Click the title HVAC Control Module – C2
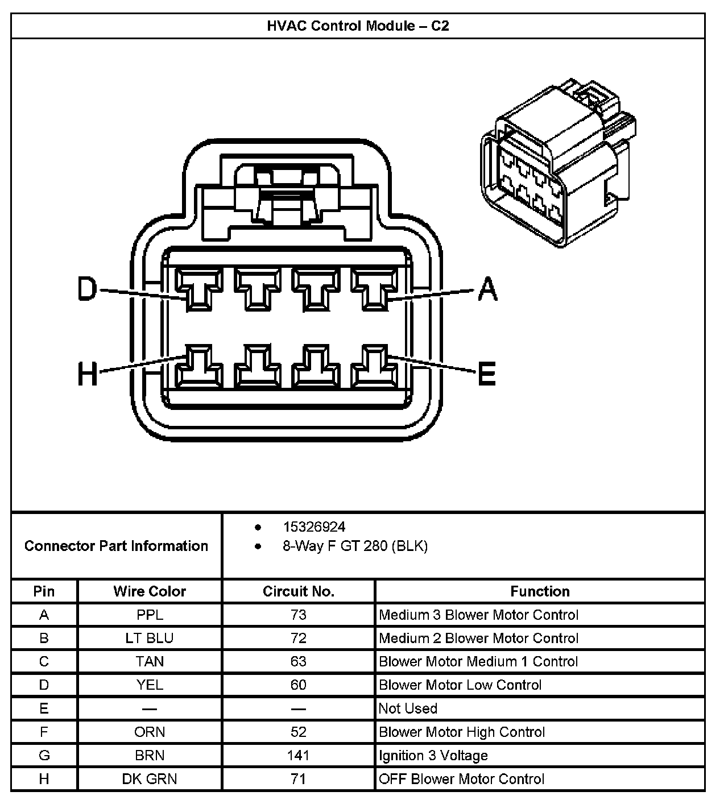tap(358, 26)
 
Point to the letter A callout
tap(487, 289)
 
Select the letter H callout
tap(88, 374)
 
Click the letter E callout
tap(486, 374)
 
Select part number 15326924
tap(314, 527)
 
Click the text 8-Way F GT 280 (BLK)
tap(355, 546)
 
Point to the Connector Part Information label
tap(116, 546)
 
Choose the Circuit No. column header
tap(299, 591)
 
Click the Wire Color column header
tap(150, 591)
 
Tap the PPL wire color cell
tap(150, 615)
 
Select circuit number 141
tap(298, 756)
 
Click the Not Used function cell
tap(408, 708)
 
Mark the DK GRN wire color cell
tap(150, 779)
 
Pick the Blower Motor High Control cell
tap(462, 732)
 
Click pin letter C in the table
tap(44, 662)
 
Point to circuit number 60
tap(298, 685)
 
